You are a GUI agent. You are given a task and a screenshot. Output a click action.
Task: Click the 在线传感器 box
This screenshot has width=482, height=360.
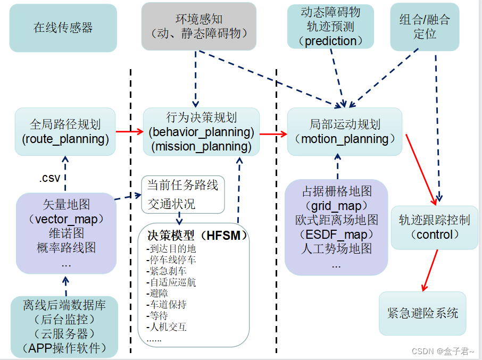pyautogui.click(x=63, y=28)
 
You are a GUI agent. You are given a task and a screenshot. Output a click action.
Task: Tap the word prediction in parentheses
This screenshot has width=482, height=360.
pyautogui.click(x=331, y=41)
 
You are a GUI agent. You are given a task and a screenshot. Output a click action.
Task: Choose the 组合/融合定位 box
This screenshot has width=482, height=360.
pyautogui.click(x=424, y=27)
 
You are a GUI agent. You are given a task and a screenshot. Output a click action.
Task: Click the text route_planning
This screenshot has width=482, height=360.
pyautogui.click(x=65, y=139)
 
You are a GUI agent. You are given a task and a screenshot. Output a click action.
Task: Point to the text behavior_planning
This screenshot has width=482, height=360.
pyautogui.click(x=201, y=132)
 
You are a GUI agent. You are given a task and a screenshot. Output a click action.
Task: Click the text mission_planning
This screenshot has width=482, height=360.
pyautogui.click(x=201, y=146)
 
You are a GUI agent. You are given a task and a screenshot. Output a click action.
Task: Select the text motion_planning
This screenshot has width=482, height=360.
pyautogui.click(x=345, y=139)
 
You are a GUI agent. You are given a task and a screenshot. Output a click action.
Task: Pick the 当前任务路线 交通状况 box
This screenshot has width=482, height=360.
pyautogui.click(x=182, y=194)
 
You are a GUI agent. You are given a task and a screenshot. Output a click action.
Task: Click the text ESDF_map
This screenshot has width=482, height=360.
pyautogui.click(x=336, y=234)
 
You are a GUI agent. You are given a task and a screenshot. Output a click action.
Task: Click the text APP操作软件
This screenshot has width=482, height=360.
pyautogui.click(x=65, y=348)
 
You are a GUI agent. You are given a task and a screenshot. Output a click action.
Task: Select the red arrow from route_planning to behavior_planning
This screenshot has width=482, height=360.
pyautogui.click(x=129, y=131)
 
